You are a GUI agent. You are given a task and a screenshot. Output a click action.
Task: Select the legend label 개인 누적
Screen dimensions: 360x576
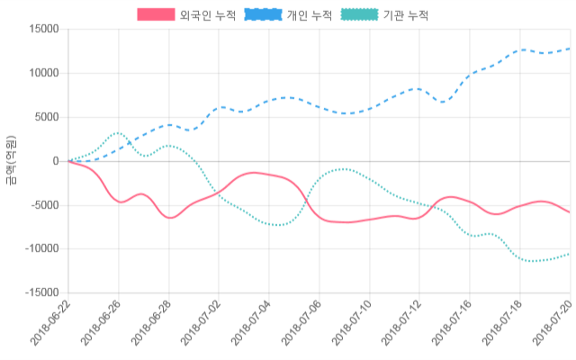point(309,15)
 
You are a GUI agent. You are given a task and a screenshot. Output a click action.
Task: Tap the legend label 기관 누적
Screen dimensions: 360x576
point(406,15)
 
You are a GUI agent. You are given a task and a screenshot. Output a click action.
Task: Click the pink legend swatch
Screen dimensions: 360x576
point(156,15)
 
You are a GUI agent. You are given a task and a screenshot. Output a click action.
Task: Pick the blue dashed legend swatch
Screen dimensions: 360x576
point(261,15)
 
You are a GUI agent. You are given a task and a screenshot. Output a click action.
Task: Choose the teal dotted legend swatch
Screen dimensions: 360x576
point(358,15)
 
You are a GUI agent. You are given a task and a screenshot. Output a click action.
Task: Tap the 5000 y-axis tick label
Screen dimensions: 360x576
point(46,117)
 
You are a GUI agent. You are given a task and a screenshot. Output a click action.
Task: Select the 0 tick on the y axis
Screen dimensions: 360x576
point(56,161)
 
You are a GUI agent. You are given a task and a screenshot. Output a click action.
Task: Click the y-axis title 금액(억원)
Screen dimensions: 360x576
point(11,160)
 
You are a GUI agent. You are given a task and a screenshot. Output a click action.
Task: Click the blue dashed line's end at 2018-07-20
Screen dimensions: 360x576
point(570,49)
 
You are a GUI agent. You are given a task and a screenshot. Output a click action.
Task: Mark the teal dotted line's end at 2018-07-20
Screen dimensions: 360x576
point(570,254)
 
